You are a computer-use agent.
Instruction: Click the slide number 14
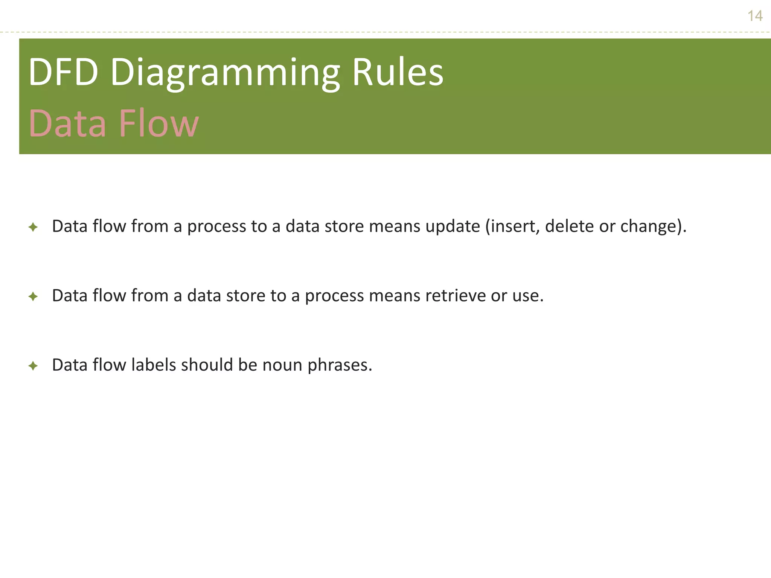pos(755,16)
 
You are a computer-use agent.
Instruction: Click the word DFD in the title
pos(63,72)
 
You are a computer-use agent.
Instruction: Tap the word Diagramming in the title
pos(225,73)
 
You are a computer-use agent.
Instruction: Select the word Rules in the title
pos(398,72)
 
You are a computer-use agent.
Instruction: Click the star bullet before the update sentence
pos(33,227)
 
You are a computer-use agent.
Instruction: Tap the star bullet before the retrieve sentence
pos(33,297)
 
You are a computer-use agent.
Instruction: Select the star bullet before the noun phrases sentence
pos(33,366)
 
